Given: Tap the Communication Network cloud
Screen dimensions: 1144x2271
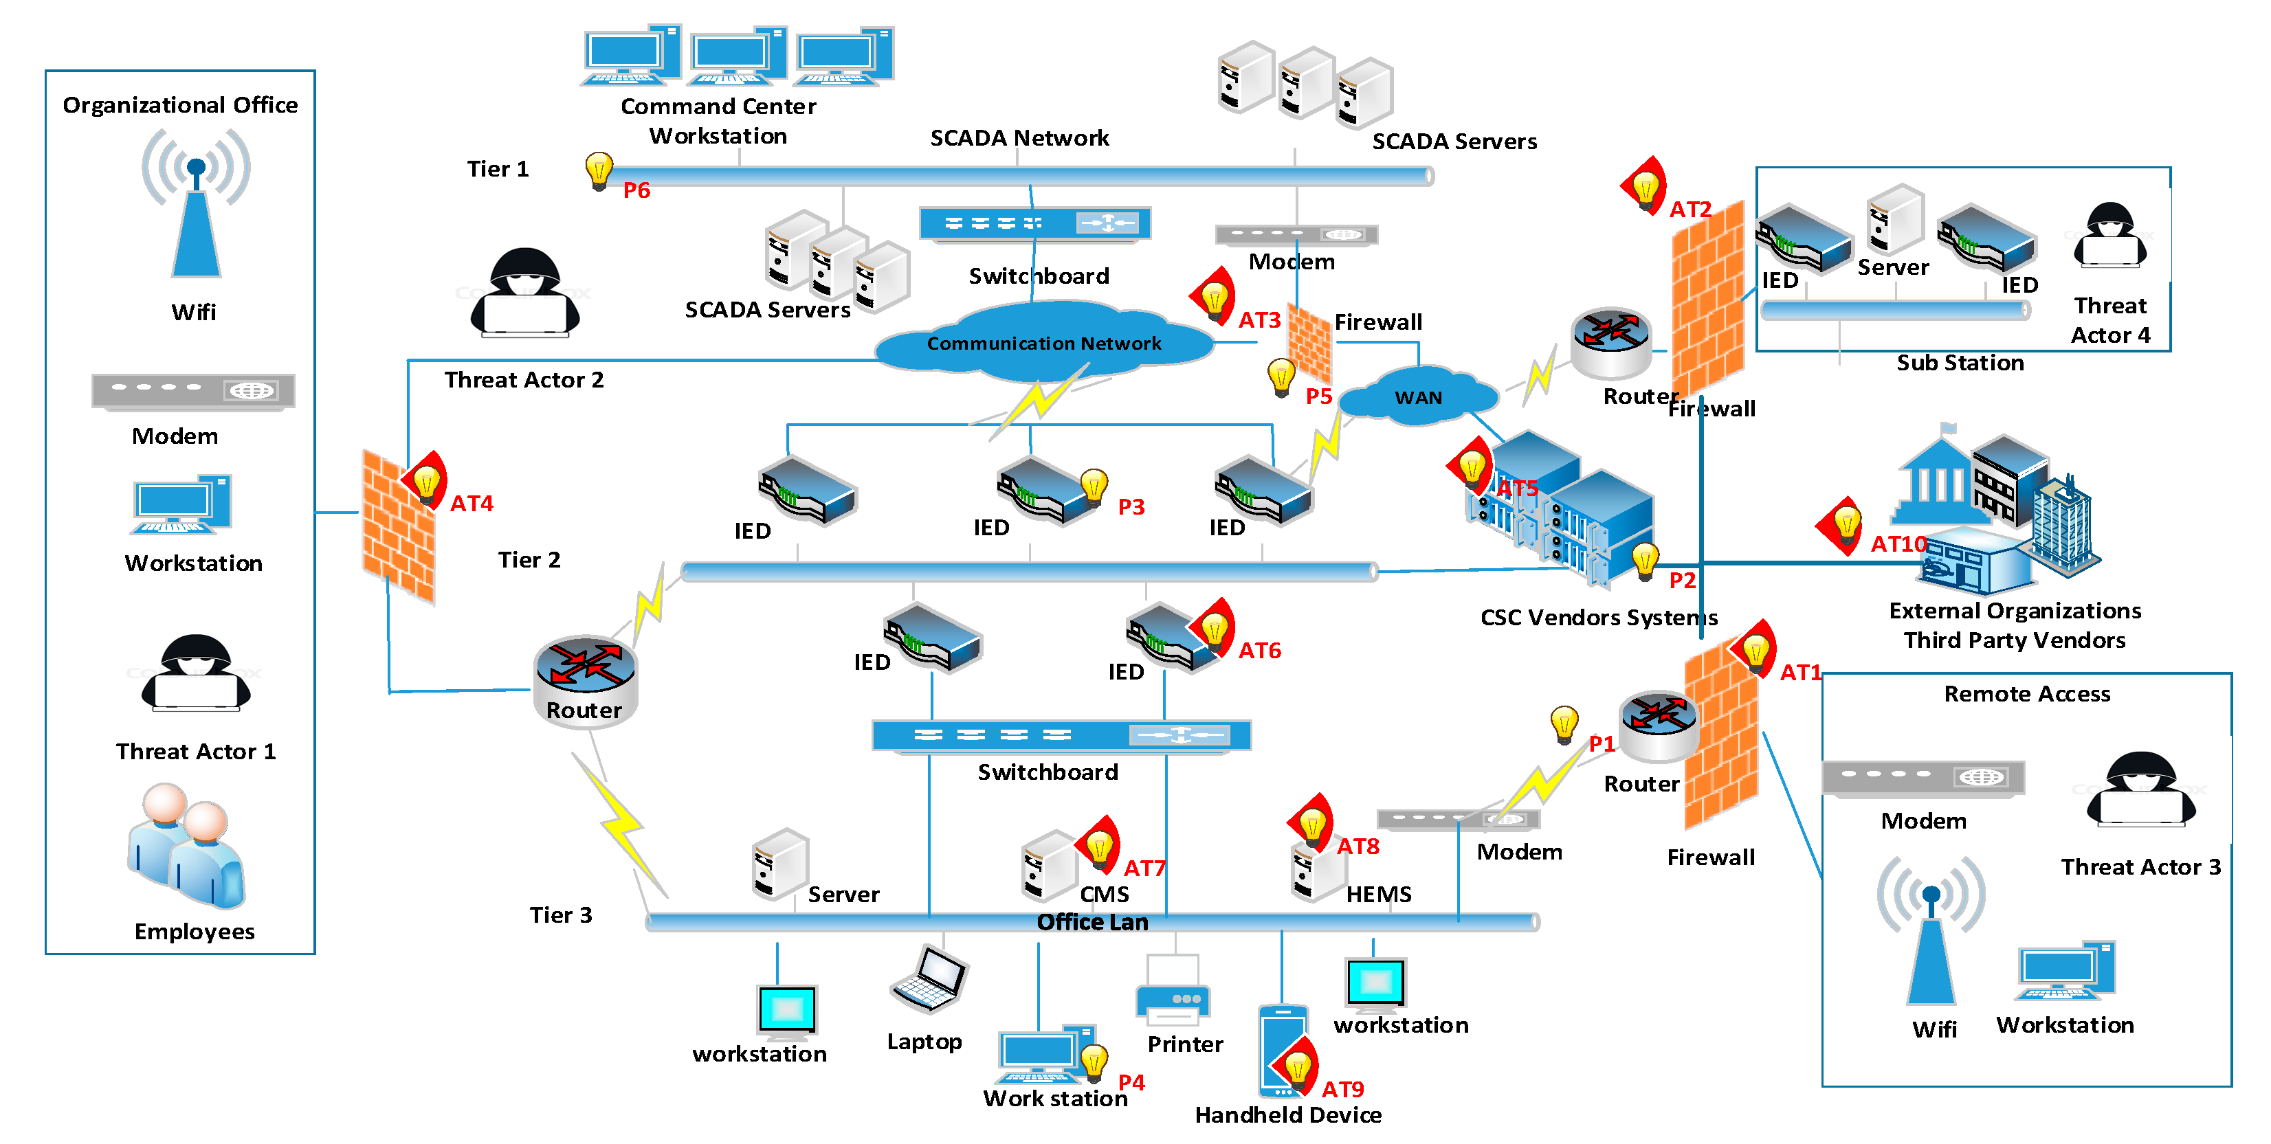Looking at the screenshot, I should click(1044, 344).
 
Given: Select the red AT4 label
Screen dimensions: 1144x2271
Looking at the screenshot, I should click(472, 503).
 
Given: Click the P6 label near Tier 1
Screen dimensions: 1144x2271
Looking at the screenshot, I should click(636, 190).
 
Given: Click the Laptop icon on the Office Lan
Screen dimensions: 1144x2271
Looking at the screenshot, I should click(929, 980).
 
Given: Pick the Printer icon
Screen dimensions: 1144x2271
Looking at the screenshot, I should click(1173, 991).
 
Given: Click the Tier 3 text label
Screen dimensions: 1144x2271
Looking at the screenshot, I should click(561, 915).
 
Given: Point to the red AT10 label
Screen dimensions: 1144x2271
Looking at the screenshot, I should click(1898, 543).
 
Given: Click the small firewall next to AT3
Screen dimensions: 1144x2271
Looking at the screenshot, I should click(1309, 344).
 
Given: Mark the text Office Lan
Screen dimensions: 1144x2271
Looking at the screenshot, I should click(1092, 922).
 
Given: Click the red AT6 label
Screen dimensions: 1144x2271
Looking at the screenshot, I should click(1259, 651).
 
